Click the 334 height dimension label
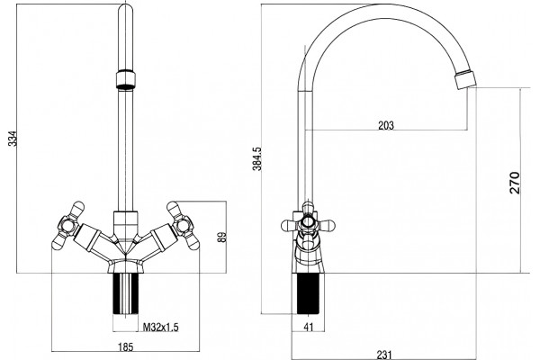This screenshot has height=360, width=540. point(13,139)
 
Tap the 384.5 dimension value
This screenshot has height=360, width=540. point(257,158)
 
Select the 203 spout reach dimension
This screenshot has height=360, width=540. point(386,125)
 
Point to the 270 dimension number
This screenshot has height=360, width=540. point(515,183)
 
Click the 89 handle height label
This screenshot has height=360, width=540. point(223,237)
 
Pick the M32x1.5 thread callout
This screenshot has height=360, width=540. point(161,327)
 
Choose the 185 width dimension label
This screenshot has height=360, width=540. point(125,346)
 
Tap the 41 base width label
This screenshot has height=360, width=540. point(309,327)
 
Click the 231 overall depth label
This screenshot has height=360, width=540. point(384,355)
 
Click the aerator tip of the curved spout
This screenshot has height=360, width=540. point(465,79)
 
